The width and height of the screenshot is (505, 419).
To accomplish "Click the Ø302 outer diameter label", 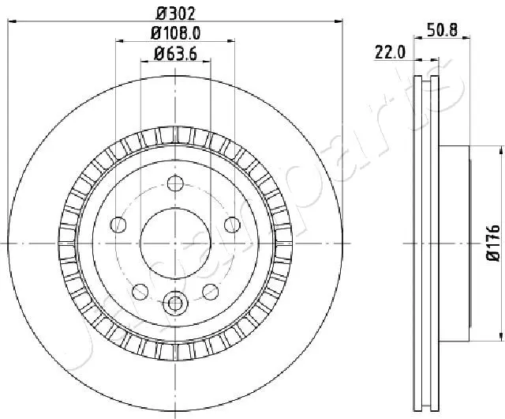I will pos(174,12).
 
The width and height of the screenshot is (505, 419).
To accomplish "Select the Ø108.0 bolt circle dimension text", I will pos(174,33).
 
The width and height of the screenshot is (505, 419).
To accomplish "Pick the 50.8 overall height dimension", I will pos(443,31).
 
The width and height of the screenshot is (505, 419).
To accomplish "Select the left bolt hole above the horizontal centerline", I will pos(118,225).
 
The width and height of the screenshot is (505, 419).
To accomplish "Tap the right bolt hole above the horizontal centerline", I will pos(231,225).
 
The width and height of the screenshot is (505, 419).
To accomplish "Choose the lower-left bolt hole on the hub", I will pos(140,291).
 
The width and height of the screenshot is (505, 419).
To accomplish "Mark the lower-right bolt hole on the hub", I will pos(210,291).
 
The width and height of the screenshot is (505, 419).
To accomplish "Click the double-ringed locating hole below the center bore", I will pos(174,301).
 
